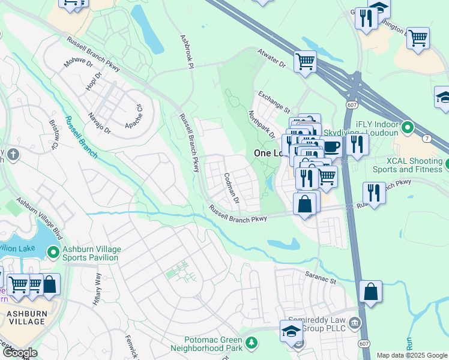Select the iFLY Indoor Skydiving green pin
point(408,128)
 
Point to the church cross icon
point(13,155)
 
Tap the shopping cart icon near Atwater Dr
point(305,61)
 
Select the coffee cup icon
point(331,145)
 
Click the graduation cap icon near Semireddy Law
point(291,331)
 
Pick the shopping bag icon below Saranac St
point(371,292)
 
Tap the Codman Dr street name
point(231,187)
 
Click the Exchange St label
point(274,101)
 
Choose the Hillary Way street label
point(97,290)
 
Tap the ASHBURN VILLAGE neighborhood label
point(26,317)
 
